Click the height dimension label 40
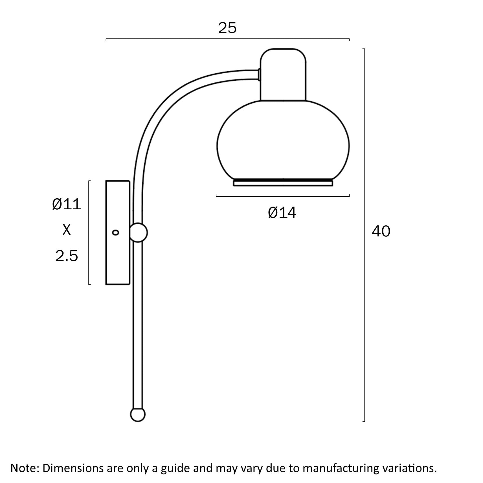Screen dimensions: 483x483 click(x=381, y=231)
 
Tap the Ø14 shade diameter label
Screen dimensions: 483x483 click(x=282, y=213)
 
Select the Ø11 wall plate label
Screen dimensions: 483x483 click(x=67, y=204)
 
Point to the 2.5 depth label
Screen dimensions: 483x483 click(x=67, y=256)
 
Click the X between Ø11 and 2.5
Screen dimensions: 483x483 click(x=67, y=230)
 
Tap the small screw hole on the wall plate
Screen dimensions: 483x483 click(x=115, y=232)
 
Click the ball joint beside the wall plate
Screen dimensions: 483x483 click(x=138, y=233)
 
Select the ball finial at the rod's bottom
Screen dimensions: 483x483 click(x=138, y=415)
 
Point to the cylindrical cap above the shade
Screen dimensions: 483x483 click(x=283, y=75)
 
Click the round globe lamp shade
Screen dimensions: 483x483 click(x=283, y=141)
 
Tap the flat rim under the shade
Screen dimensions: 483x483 click(x=283, y=183)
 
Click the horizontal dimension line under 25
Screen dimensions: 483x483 click(x=227, y=39)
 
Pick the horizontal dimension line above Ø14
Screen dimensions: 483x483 click(x=283, y=196)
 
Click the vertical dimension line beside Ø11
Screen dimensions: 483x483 click(x=89, y=232)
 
